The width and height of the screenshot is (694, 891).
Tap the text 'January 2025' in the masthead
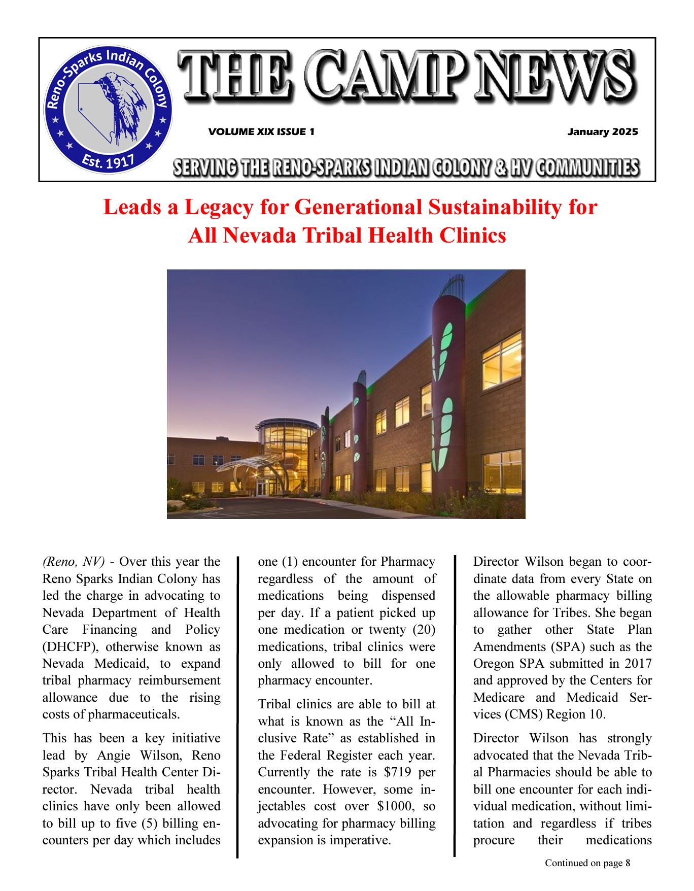602,132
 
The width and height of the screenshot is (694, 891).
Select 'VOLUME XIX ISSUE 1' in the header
261,132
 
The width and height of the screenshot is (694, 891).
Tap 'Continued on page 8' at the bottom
587,863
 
